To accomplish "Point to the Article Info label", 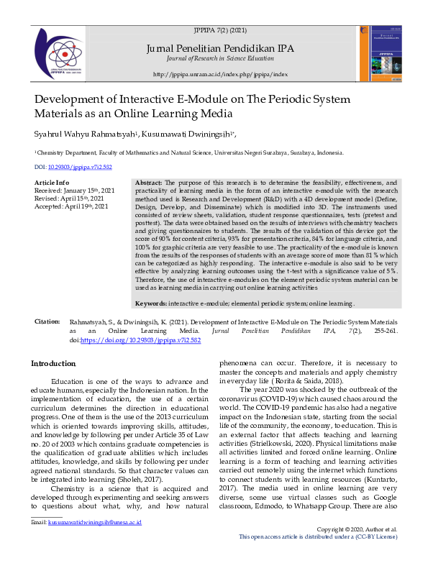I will (52, 183).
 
